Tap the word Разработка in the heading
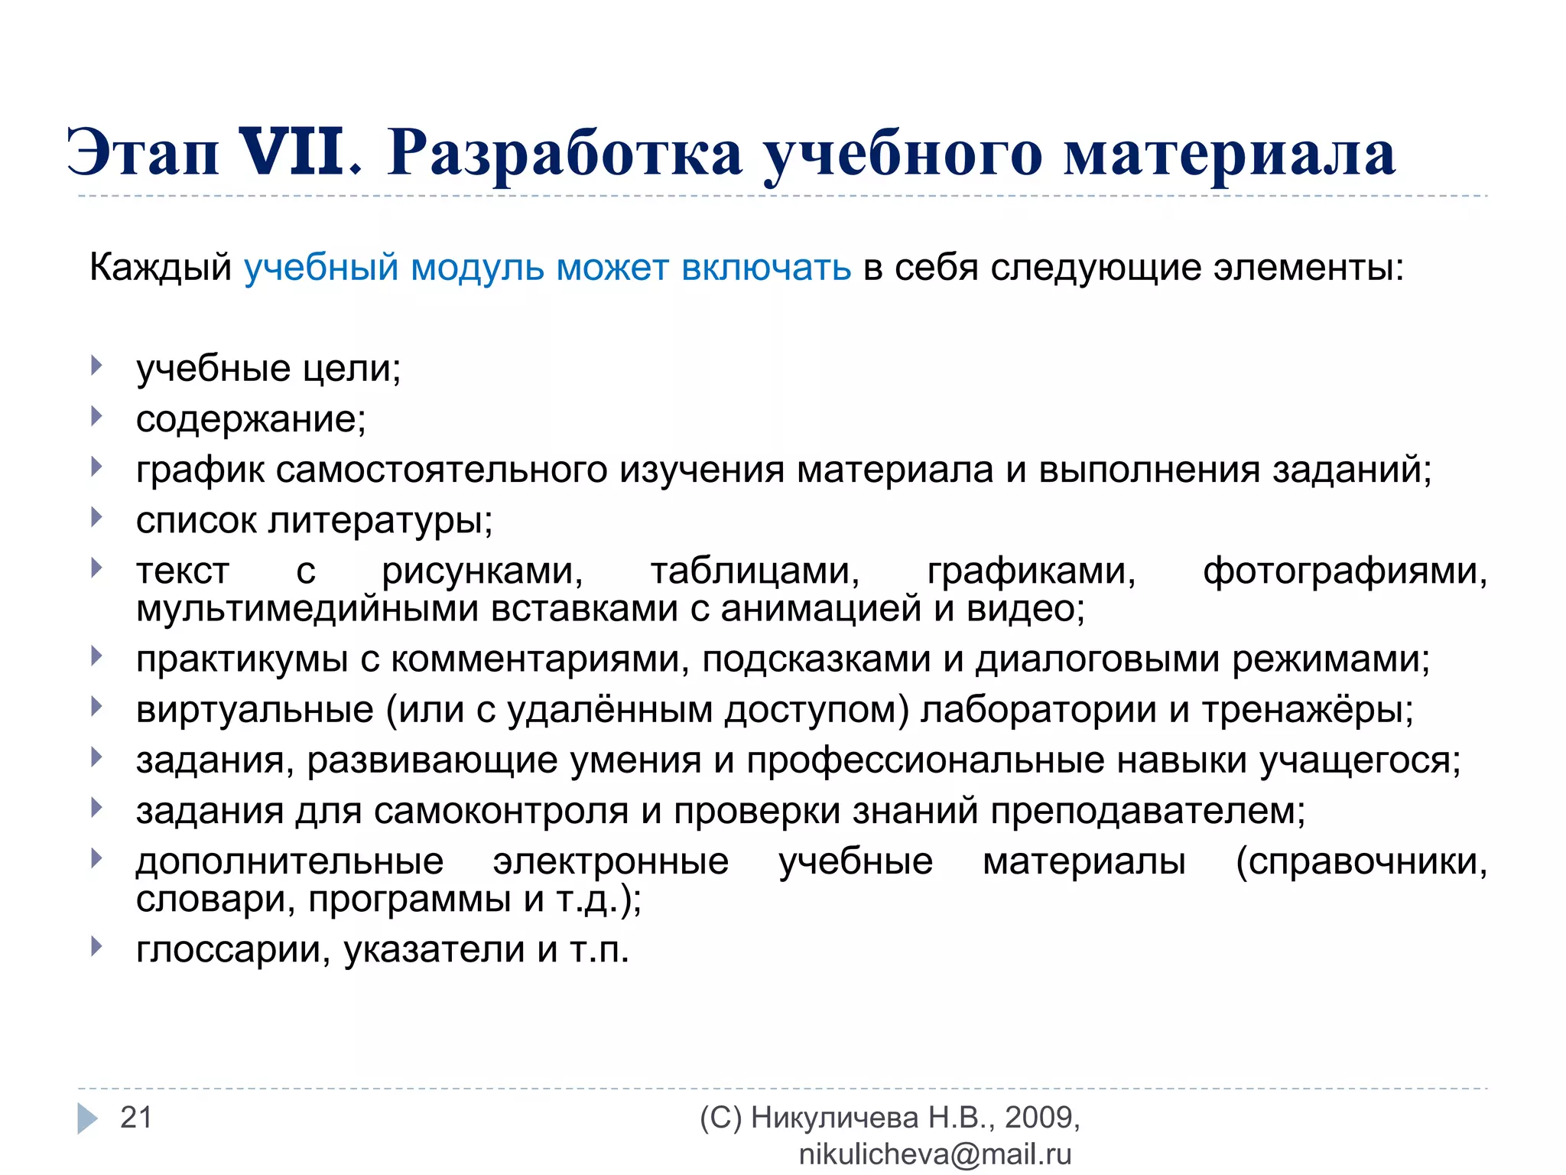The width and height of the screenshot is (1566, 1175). coord(565,153)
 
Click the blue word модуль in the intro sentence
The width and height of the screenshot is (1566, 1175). coord(477,268)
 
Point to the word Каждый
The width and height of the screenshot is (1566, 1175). coord(161,268)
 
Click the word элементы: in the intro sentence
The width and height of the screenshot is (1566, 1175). coord(1309,268)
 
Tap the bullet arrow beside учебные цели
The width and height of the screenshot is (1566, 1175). coord(96,366)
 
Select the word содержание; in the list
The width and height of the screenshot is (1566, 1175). coord(251,419)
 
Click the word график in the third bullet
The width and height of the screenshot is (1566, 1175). coord(200,470)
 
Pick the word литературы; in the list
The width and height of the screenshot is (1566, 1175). coord(380,521)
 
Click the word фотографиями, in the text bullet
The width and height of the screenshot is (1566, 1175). coord(1345,571)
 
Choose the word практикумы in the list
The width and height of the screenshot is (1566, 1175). coord(242,659)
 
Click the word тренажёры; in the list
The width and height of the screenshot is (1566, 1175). coord(1308,710)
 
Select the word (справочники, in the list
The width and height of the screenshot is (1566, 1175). coord(1361,861)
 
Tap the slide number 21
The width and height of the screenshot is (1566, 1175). coord(136,1118)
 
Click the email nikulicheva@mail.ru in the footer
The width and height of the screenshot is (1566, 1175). coord(934,1154)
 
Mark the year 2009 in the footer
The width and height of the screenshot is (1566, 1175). coord(1038,1118)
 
